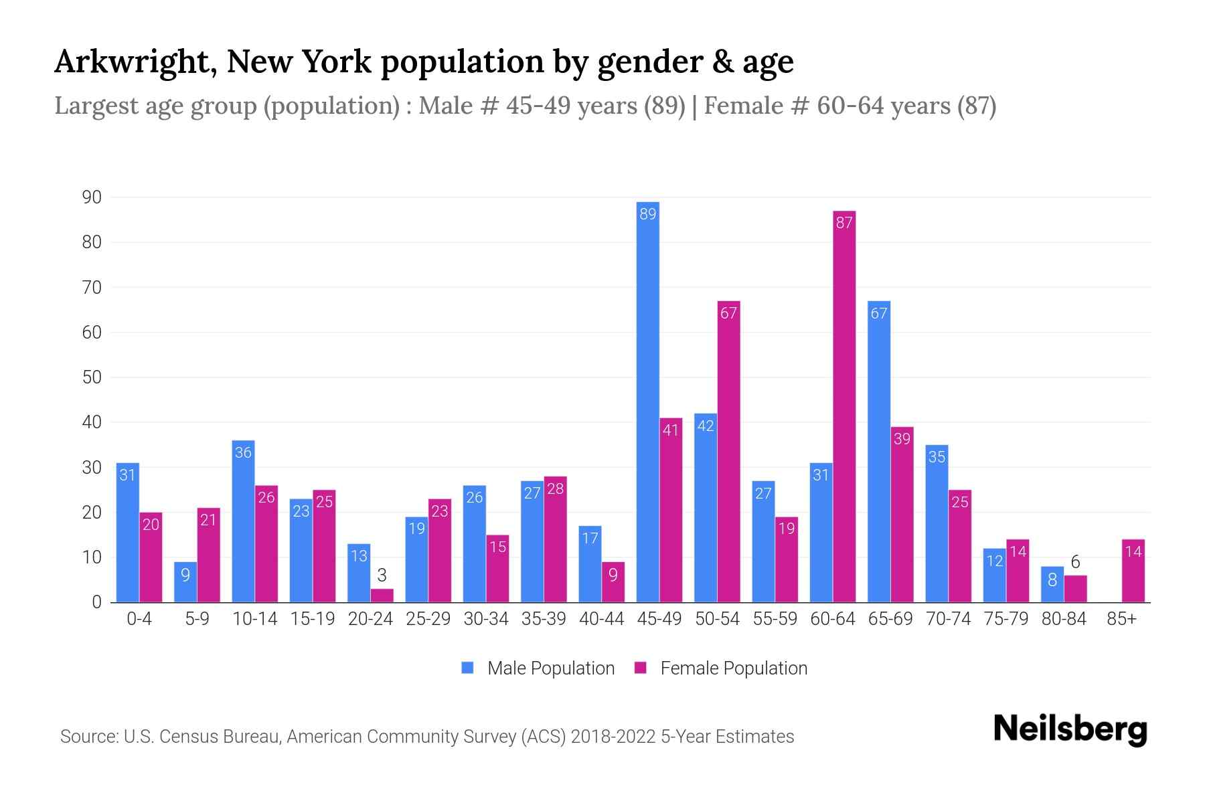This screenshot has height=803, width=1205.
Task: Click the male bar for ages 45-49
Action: click(647, 401)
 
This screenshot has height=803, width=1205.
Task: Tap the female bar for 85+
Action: click(1133, 572)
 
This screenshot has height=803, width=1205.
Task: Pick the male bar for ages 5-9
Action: click(185, 582)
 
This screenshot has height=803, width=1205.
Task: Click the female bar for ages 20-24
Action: click(382, 596)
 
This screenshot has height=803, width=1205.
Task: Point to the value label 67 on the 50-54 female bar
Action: click(728, 313)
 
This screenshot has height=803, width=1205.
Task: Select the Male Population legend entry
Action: click(538, 668)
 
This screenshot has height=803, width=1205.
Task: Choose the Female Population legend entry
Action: click(721, 668)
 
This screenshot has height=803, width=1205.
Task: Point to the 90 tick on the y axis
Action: click(92, 197)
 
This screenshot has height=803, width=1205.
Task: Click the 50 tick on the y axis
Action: click(92, 377)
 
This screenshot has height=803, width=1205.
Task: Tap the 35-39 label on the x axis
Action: click(544, 619)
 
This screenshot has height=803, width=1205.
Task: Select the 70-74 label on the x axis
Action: click(948, 619)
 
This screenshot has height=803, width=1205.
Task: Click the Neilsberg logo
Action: click(1070, 729)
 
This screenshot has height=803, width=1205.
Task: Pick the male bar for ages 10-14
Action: click(243, 522)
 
